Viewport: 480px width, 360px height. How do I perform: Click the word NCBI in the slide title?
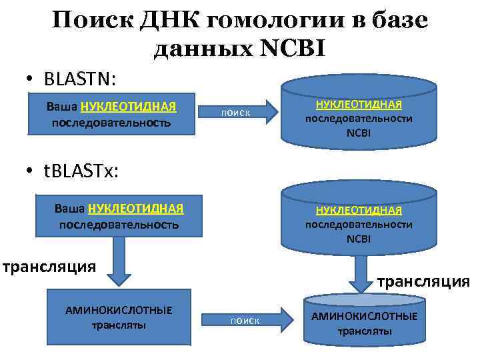pyautogui.click(x=289, y=49)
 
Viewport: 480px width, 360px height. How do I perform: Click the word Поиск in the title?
pyautogui.click(x=93, y=21)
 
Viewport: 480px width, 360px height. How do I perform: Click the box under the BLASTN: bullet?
pyautogui.click(x=111, y=114)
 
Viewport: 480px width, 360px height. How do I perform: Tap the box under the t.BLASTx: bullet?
pyautogui.click(x=118, y=215)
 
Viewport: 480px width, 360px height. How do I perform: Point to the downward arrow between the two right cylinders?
pyautogui.click(x=361, y=273)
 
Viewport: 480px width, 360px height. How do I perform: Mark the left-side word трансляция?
pyautogui.click(x=49, y=267)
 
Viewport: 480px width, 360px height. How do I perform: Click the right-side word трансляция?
pyautogui.click(x=423, y=281)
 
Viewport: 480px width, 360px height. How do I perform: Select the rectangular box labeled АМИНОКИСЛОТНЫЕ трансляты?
pyautogui.click(x=118, y=317)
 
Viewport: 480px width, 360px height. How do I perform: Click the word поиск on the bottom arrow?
pyautogui.click(x=245, y=321)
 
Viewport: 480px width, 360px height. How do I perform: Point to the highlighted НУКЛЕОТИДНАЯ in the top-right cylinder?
pyautogui.click(x=359, y=105)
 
